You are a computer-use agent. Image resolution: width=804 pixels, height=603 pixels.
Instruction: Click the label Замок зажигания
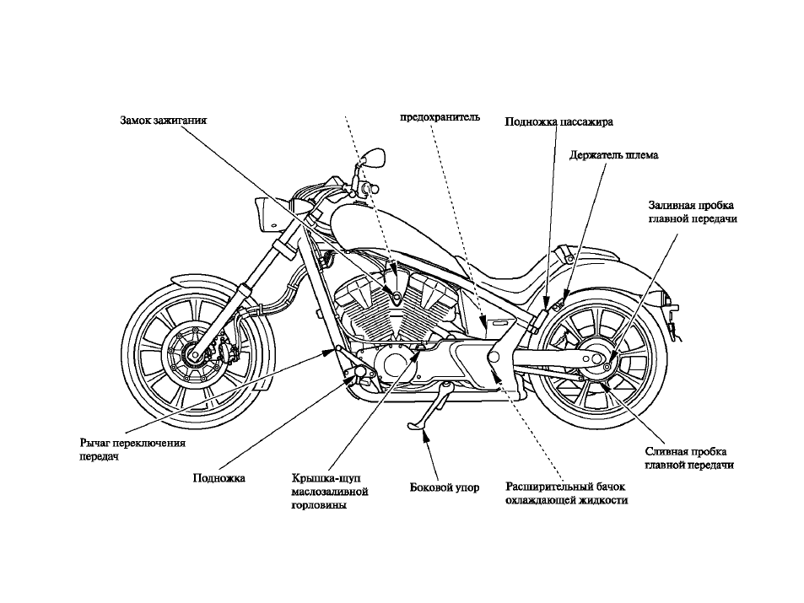(163, 121)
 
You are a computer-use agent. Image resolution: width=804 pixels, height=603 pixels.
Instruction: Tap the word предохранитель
(440, 117)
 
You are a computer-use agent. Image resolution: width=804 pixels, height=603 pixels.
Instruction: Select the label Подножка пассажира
(558, 122)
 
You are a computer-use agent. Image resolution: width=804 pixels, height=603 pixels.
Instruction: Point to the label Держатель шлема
(614, 155)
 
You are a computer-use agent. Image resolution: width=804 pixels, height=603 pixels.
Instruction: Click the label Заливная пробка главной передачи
(693, 212)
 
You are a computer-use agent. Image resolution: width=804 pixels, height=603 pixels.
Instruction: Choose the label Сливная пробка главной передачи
(689, 459)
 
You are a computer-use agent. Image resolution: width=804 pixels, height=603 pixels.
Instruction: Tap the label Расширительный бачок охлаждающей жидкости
(567, 493)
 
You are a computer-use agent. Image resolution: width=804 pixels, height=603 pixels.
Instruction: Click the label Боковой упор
(445, 487)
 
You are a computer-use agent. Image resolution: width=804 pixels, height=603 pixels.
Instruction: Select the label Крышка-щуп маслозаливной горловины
(330, 491)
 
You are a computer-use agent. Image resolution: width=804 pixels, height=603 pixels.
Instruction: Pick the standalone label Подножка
(219, 478)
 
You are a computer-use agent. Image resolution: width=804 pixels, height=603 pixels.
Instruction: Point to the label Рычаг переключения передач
(132, 450)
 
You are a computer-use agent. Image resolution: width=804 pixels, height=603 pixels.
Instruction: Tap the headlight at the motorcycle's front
(266, 215)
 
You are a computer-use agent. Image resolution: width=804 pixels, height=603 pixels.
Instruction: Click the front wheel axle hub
(196, 353)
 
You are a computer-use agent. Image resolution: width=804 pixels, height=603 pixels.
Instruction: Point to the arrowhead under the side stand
(424, 435)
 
